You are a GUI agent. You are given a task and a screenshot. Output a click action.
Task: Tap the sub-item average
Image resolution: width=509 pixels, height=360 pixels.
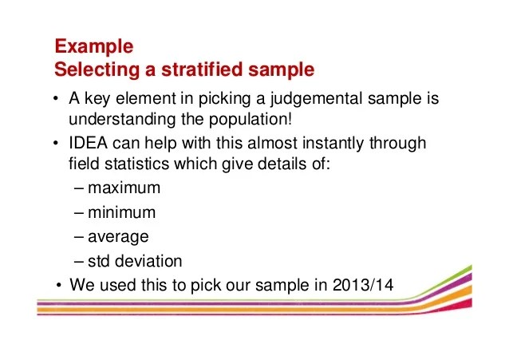click(119, 237)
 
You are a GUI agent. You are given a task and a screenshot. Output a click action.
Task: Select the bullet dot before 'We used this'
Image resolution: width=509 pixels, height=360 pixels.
click(60, 285)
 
